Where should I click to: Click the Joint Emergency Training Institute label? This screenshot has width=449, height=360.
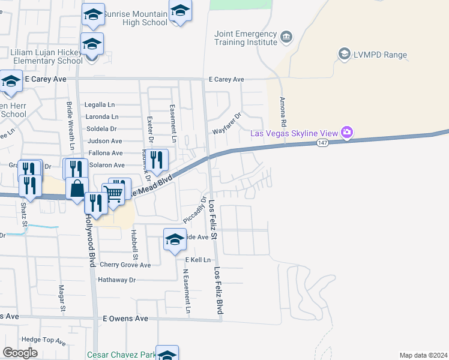246,38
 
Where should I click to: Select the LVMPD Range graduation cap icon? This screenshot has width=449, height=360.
345,55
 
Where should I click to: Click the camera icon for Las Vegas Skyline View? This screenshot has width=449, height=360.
346,132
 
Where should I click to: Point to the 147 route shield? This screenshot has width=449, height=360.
322,143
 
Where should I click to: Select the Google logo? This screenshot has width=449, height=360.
20,353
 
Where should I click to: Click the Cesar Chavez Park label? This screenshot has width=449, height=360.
121,355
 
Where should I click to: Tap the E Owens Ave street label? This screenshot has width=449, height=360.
125,319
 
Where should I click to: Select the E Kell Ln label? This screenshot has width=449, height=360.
198,260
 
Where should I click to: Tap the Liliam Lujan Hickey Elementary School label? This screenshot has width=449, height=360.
46,56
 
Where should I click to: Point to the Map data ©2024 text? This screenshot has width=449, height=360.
423,355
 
